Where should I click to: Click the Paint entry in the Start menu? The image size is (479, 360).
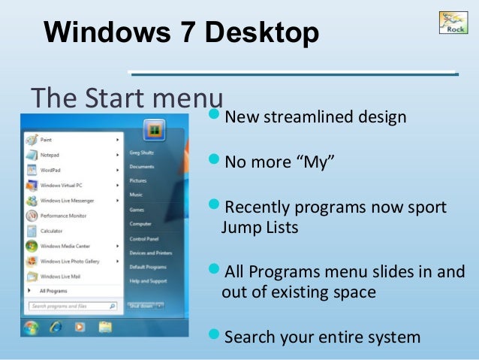tap(47, 139)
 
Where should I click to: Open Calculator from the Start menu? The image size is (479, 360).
tap(52, 231)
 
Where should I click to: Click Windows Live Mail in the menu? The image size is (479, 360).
tap(60, 277)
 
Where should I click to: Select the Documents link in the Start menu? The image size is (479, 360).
tap(141, 167)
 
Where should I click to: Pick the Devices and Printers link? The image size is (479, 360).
tap(150, 253)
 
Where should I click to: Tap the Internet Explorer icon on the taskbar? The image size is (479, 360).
tap(55, 328)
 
